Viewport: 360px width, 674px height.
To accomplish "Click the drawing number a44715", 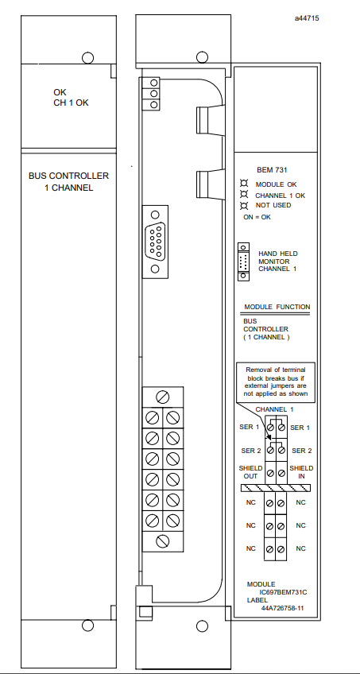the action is click(307, 18).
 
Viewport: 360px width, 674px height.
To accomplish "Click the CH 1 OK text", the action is click(71, 103).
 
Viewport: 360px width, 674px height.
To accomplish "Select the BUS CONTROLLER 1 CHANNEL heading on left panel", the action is click(68, 182).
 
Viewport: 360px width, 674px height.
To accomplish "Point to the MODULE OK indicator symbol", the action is click(245, 184).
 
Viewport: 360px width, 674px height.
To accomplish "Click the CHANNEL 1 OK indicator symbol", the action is click(245, 195).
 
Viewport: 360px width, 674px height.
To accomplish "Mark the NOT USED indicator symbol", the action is click(245, 205).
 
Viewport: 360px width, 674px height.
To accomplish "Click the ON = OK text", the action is click(257, 217).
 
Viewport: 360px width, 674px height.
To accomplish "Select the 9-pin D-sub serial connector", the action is click(155, 242).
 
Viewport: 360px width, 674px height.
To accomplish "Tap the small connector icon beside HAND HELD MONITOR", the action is click(244, 261).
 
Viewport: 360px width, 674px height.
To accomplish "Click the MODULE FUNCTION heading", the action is click(277, 307).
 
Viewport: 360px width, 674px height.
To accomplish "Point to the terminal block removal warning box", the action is click(276, 382).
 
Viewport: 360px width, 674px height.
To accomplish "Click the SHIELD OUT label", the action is click(250, 472).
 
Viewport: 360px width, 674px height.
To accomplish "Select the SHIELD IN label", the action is click(301, 472).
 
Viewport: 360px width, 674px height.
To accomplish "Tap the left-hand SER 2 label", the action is click(251, 451).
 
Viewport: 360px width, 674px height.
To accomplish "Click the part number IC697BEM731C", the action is click(283, 592).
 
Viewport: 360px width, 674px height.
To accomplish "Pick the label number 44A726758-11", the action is click(282, 608).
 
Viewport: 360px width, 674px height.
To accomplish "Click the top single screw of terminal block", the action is click(163, 397).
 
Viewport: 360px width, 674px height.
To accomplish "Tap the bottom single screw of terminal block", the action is click(163, 541).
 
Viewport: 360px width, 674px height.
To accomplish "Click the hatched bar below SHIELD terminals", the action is click(275, 488).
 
